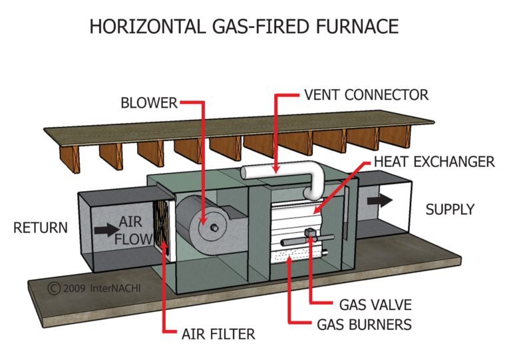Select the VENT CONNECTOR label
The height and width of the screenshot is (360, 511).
click(x=366, y=94)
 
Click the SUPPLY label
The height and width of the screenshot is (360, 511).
click(x=450, y=209)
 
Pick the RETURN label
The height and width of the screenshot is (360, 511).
click(x=41, y=228)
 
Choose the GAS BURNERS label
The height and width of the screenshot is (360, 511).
click(x=375, y=325)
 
